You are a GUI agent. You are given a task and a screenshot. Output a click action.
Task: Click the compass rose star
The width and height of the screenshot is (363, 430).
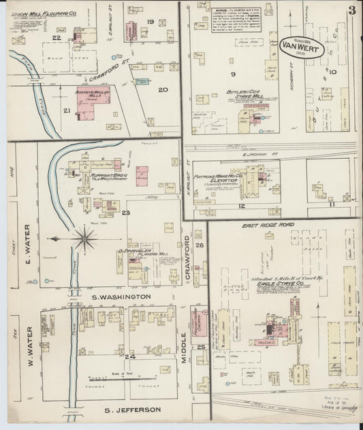tap(86, 238)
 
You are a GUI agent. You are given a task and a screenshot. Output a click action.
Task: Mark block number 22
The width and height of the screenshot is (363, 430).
tap(57, 38)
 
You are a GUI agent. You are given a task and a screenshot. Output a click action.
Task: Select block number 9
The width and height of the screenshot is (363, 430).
tap(234, 74)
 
